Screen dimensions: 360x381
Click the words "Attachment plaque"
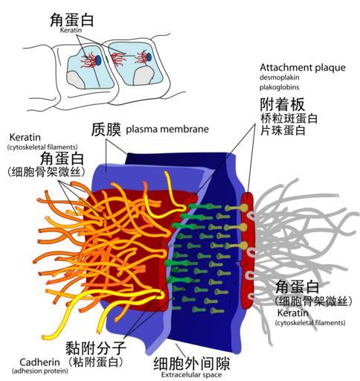pos(303,68)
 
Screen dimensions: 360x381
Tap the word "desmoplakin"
pos(280,77)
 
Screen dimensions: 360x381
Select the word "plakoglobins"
pos(280,87)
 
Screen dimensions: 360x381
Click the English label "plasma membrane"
pos(167,129)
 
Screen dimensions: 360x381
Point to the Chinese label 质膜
pos(106,129)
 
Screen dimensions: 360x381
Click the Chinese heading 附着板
pos(283,104)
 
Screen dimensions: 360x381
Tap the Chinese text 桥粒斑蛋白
pos(289,118)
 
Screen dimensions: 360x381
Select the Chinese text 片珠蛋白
pos(283,130)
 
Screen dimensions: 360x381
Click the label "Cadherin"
pos(39,362)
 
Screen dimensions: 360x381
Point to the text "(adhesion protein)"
pos(40,371)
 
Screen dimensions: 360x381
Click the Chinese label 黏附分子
pos(96,348)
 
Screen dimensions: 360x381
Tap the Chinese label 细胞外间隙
pos(192,364)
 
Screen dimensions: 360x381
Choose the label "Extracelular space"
pos(191,374)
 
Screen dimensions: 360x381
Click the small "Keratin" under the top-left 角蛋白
pos(71,30)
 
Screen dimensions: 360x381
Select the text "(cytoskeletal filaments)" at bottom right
pos(310,323)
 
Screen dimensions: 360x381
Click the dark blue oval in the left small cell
pos(98,60)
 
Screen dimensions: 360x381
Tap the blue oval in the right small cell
pos(150,57)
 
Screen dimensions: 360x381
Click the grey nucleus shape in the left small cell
pos(77,80)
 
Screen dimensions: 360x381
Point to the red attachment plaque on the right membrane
pos(248,250)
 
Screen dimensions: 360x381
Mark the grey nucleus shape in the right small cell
pos(144,76)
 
